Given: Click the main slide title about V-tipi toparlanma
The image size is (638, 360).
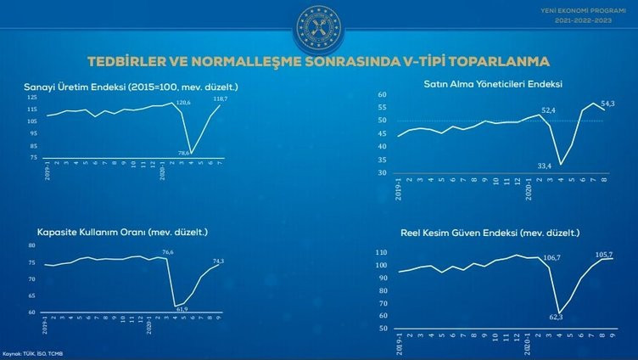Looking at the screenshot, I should pyautogui.click(x=319, y=61).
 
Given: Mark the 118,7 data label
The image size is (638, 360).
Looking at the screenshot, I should pyautogui.click(x=219, y=99).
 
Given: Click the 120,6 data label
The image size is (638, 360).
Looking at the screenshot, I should pyautogui.click(x=183, y=103).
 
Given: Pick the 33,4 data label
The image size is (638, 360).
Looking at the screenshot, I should pyautogui.click(x=546, y=166).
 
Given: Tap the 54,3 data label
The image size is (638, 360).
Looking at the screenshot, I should pyautogui.click(x=607, y=103).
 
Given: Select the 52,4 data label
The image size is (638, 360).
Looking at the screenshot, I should pyautogui.click(x=548, y=110).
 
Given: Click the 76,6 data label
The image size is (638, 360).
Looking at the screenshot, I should pyautogui.click(x=168, y=252).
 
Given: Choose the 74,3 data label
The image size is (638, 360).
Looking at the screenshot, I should pyautogui.click(x=218, y=261).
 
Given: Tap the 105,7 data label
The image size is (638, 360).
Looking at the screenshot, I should pyautogui.click(x=603, y=253).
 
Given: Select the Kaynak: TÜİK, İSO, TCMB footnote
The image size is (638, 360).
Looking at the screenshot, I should pyautogui.click(x=32, y=353).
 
